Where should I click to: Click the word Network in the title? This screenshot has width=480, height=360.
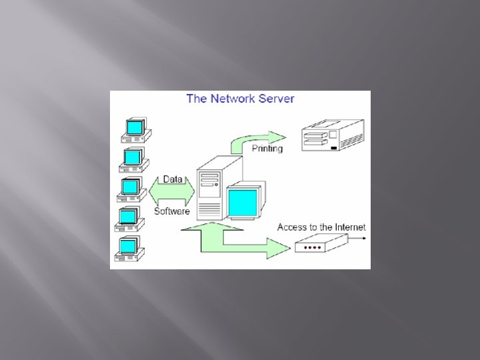point(232,99)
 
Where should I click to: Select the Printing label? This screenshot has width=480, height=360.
point(267,149)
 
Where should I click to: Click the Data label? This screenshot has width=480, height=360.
point(173,179)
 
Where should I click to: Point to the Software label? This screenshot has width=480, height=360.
point(172,211)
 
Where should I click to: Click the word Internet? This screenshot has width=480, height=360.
point(345,227)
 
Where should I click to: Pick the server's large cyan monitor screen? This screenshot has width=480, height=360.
point(242,201)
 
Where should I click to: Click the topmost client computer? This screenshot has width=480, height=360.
point(135,129)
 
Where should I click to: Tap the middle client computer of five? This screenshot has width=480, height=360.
point(131,189)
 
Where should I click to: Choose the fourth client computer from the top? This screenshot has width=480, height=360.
point(129,219)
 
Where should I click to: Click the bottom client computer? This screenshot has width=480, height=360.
point(128,247)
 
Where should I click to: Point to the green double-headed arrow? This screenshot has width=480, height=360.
point(172,195)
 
